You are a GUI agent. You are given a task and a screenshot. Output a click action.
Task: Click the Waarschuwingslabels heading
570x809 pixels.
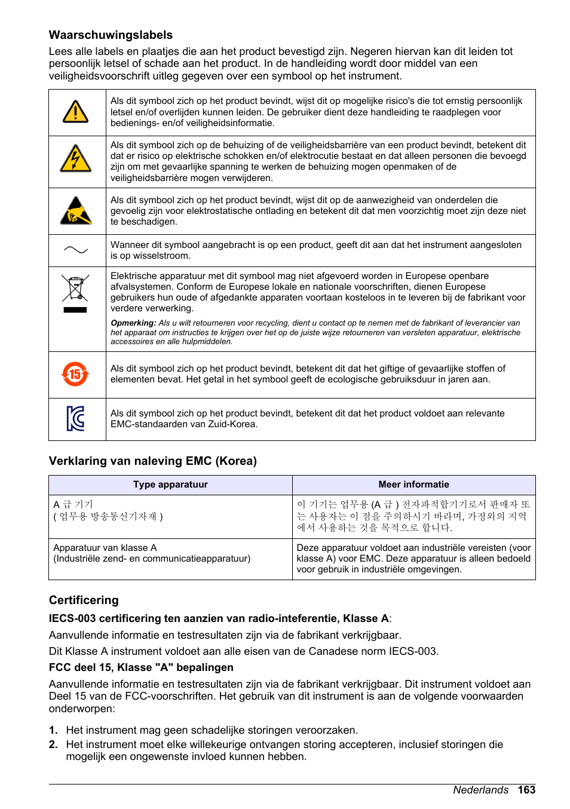pyautogui.click(x=111, y=35)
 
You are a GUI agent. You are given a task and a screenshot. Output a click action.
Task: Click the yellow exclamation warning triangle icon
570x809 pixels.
pyautogui.click(x=76, y=112)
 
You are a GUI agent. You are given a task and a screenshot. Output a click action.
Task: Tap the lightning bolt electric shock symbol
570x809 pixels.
pyautogui.click(x=76, y=159)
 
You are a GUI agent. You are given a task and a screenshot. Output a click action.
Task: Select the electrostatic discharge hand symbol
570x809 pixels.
pyautogui.click(x=76, y=211)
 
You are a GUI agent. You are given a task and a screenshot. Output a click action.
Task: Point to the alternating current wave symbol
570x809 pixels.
pyautogui.click(x=76, y=250)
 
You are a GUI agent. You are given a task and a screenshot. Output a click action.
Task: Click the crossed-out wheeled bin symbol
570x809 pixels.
pyautogui.click(x=75, y=289)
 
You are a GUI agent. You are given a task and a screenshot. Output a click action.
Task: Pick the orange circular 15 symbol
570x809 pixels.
pyautogui.click(x=75, y=375)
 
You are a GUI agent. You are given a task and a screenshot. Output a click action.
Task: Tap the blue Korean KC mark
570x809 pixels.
pyautogui.click(x=76, y=418)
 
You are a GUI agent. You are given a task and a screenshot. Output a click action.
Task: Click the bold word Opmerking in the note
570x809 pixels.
pyautogui.click(x=133, y=323)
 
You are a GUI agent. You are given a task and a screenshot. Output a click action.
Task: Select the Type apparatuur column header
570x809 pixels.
pyautogui.click(x=170, y=485)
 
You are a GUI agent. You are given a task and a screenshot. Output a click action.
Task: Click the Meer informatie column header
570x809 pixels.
pyautogui.click(x=413, y=485)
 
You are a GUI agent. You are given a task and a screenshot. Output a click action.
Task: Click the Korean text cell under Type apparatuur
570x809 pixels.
pyautogui.click(x=108, y=511)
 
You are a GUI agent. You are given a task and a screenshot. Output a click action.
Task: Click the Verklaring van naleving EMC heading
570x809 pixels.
pyautogui.click(x=152, y=461)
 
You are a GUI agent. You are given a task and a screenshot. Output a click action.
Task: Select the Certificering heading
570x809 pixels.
pyautogui.click(x=84, y=600)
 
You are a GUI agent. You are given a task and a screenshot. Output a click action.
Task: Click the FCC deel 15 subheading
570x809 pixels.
pyautogui.click(x=141, y=667)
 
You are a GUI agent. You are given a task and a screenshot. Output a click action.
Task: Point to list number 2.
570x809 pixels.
pyautogui.click(x=53, y=744)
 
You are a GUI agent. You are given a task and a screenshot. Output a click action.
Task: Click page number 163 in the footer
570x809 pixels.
pyautogui.click(x=526, y=790)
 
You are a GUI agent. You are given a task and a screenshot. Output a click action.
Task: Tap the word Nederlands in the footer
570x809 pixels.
pyautogui.click(x=480, y=790)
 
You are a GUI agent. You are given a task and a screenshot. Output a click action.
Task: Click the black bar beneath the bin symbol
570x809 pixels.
pyautogui.click(x=75, y=310)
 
